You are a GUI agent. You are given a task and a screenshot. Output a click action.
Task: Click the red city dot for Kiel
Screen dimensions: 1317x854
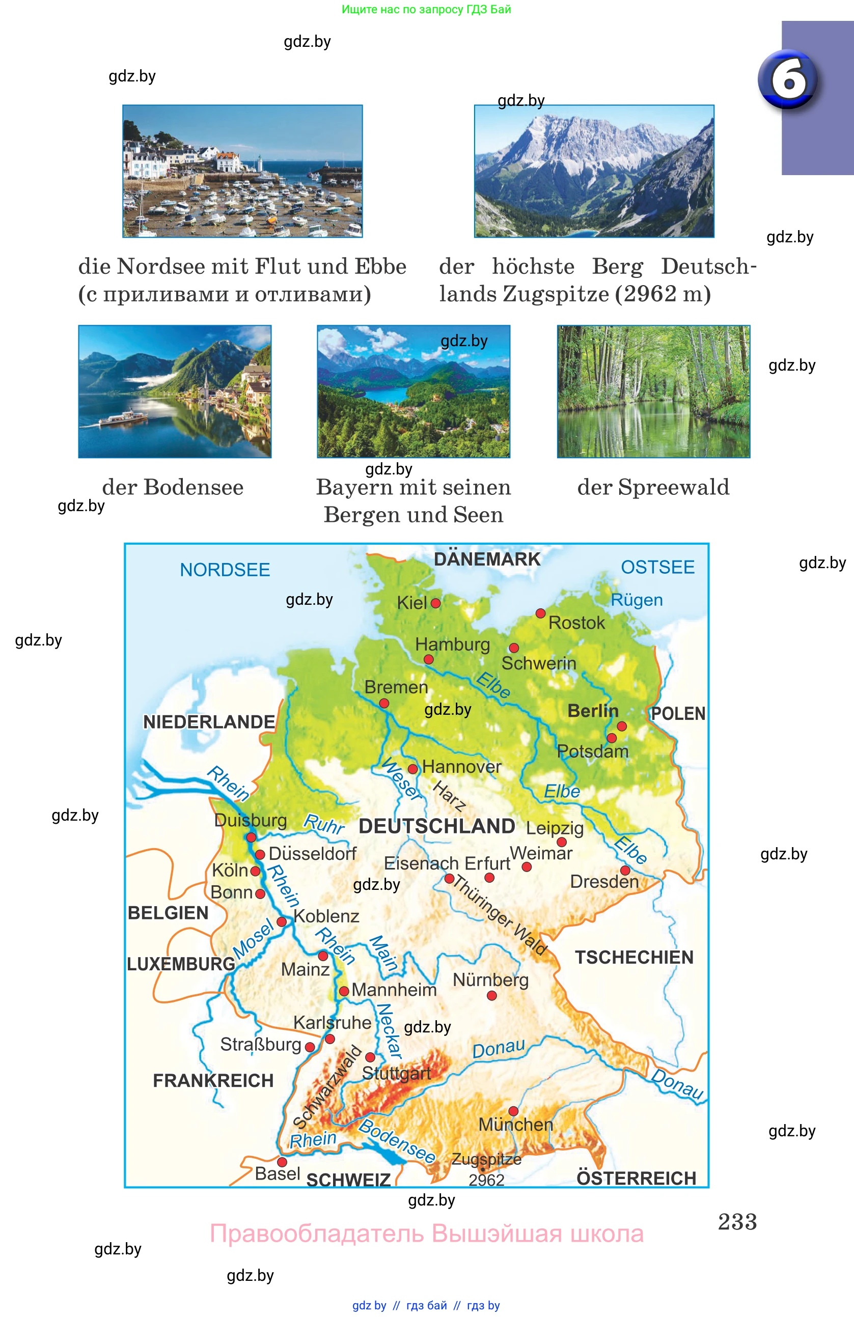point(435,603)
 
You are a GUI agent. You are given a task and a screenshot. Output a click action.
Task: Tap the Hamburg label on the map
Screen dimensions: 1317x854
point(452,645)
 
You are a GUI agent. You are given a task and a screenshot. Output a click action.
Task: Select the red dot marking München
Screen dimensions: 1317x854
point(513,1111)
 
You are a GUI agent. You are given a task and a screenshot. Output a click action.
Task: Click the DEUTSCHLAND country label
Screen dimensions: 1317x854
point(437,826)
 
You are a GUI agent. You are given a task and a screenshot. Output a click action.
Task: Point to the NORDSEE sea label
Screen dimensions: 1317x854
point(225,570)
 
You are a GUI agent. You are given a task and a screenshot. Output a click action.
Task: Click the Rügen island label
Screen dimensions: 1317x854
point(637,600)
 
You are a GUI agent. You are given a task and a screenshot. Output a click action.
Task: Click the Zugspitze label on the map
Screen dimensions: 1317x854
point(486,1159)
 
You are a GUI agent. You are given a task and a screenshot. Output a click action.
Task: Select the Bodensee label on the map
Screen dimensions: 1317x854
point(397,1141)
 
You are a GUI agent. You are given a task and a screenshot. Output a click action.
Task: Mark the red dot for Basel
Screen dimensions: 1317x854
point(282,1162)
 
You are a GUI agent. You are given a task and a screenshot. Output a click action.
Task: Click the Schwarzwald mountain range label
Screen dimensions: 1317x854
point(327,1087)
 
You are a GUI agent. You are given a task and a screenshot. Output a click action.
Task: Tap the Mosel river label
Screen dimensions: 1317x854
point(253,939)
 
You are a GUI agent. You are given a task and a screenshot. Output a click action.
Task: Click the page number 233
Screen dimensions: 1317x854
point(737,1222)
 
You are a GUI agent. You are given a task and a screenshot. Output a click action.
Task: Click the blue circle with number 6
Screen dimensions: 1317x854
point(788,80)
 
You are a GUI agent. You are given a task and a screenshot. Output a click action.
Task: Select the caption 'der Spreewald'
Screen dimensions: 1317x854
point(653,488)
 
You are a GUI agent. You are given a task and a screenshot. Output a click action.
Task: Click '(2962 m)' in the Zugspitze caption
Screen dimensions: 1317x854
point(663,294)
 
